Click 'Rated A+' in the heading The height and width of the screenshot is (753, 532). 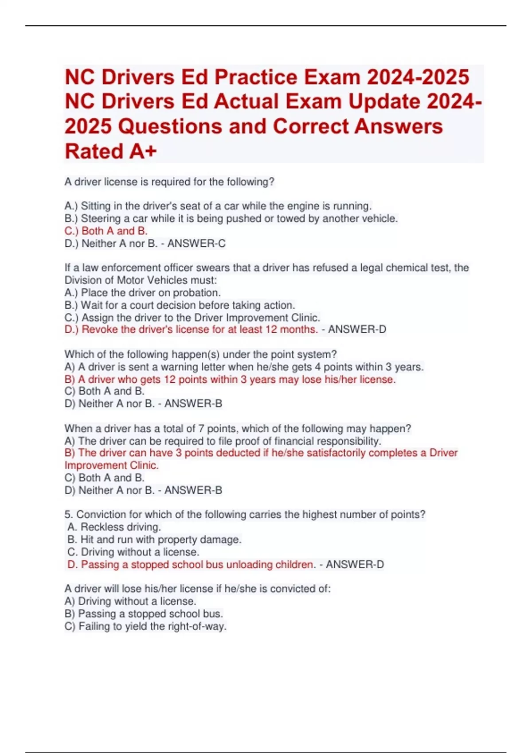pos(111,151)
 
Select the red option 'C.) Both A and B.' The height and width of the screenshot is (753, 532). pos(106,231)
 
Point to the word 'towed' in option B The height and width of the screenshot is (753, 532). pos(290,218)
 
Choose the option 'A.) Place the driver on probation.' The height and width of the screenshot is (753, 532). pos(142,293)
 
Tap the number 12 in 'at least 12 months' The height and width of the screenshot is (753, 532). pos(271,330)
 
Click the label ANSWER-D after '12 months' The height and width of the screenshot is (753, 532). pos(357,330)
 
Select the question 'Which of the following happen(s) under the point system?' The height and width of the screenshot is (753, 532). pos(200,354)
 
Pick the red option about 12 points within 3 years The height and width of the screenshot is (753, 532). pos(230,379)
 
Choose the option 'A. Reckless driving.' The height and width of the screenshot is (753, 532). pos(114,527)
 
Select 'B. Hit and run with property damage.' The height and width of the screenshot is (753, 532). pos(154,540)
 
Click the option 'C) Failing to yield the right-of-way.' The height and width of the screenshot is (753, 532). pos(145,626)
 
